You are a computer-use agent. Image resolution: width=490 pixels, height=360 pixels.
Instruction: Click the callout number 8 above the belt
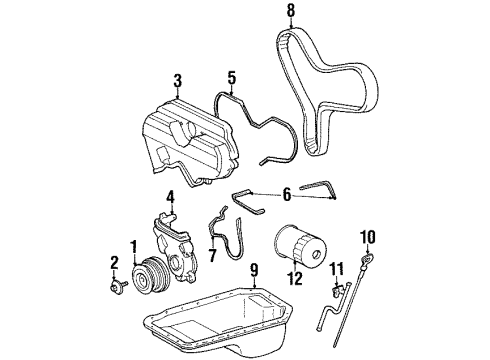(x=291, y=10)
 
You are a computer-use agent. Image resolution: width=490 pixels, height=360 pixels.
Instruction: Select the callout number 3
(x=178, y=81)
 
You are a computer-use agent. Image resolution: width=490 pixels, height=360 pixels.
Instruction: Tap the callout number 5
(x=232, y=78)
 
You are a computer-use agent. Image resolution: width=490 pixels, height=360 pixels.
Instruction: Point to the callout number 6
(x=287, y=194)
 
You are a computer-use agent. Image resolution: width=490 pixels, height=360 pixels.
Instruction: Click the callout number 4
(x=170, y=198)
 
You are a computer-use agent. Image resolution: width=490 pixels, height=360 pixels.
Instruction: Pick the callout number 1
(x=134, y=247)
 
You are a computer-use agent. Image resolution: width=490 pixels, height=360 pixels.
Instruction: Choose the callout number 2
(x=114, y=263)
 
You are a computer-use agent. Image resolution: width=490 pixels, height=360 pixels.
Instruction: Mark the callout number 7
(x=213, y=255)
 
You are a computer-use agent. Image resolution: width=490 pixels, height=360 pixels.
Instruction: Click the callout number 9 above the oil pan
(x=254, y=270)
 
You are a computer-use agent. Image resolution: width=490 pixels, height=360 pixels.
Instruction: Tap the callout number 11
(x=337, y=269)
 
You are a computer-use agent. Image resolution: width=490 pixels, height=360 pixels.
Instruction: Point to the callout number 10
(x=368, y=237)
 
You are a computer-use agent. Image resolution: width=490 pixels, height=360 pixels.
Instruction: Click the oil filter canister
(x=300, y=244)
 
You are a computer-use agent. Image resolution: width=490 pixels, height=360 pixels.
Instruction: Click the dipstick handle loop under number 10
(x=368, y=257)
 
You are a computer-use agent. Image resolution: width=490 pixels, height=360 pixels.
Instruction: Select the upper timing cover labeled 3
(x=191, y=142)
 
